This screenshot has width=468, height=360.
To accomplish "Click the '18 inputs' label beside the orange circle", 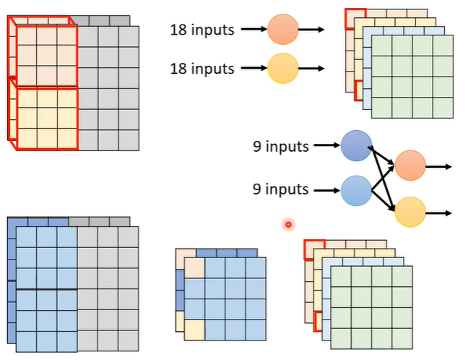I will (x=202, y=30).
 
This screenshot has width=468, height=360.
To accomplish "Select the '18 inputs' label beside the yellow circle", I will (x=202, y=69).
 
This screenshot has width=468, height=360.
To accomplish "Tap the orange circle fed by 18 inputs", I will (x=282, y=30).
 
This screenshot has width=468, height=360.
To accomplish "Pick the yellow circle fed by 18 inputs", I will (x=282, y=69).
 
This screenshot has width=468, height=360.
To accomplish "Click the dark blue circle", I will (x=356, y=145).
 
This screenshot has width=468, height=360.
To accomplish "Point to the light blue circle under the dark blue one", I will (x=356, y=191).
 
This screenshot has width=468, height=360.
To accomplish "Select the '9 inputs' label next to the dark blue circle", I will (x=280, y=146).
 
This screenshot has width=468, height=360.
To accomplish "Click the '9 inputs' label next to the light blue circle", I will (x=280, y=190).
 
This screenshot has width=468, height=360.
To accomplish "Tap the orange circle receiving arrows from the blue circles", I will (x=410, y=166).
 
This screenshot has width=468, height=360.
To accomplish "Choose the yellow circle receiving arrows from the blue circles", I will (x=410, y=212).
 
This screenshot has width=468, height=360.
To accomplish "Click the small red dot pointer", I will (x=288, y=225).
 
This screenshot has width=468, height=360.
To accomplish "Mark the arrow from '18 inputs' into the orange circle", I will (x=253, y=30).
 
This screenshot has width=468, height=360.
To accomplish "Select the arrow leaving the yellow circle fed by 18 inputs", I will (x=311, y=69).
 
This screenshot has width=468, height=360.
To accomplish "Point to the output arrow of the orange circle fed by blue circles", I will (x=439, y=166).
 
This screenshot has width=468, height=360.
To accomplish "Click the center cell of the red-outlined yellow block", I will (x=46, y=117).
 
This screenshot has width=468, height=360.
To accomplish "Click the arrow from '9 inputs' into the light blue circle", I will (x=325, y=191).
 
